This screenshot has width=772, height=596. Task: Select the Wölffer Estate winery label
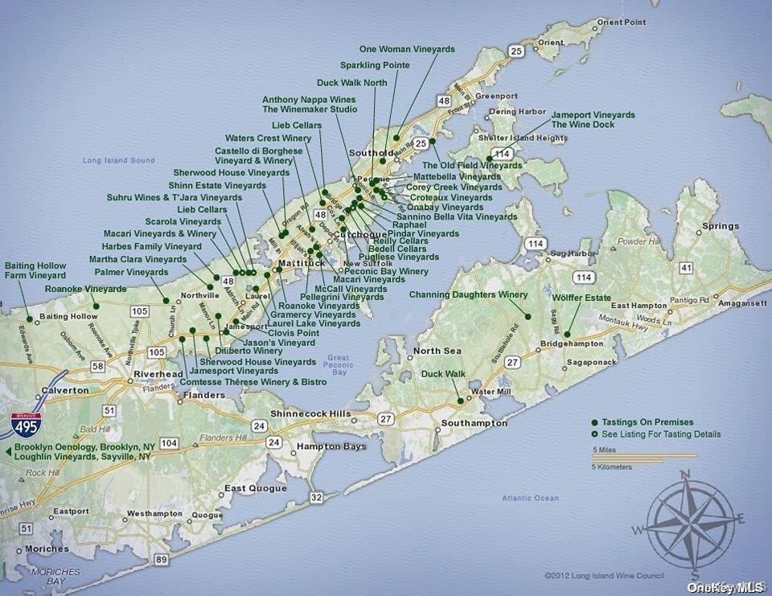(581, 298)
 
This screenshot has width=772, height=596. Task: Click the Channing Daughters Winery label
(468, 295)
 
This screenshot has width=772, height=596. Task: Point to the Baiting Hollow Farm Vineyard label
(35, 270)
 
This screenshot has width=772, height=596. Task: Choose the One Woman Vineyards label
(407, 50)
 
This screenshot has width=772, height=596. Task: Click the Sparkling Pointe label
(375, 65)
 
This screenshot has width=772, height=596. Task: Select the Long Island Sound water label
(118, 161)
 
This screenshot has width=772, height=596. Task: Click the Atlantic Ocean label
(530, 499)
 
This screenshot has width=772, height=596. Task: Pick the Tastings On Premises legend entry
(642, 422)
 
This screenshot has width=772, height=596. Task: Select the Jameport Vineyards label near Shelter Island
(593, 115)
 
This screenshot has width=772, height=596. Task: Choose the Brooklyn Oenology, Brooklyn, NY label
(84, 446)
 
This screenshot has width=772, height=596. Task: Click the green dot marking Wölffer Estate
(567, 335)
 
